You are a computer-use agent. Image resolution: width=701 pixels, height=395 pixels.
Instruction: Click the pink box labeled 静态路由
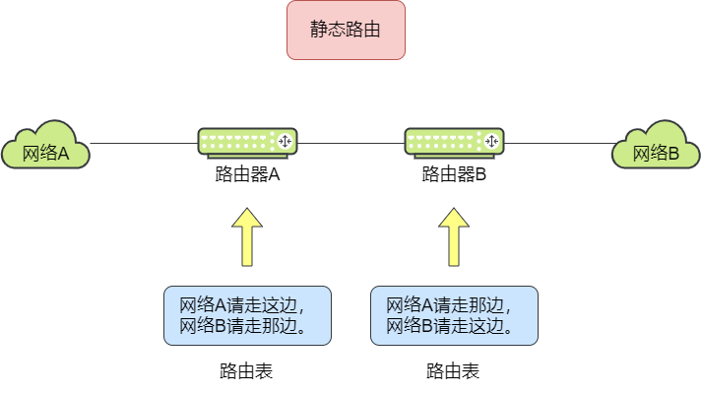tap(346, 31)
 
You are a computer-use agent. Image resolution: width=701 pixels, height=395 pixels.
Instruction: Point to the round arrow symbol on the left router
tap(286, 142)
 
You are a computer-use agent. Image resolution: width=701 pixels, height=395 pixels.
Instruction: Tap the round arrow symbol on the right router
tap(492, 142)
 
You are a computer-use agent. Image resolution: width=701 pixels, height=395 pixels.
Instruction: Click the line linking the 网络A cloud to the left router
tap(143, 143)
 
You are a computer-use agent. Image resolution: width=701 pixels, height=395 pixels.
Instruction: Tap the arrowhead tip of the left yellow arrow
tap(247, 210)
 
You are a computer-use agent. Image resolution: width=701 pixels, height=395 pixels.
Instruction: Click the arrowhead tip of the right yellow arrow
tap(454, 210)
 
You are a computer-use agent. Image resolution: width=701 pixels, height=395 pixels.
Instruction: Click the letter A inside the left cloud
tap(63, 154)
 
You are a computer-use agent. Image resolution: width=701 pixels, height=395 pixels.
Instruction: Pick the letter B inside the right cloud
tap(673, 154)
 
